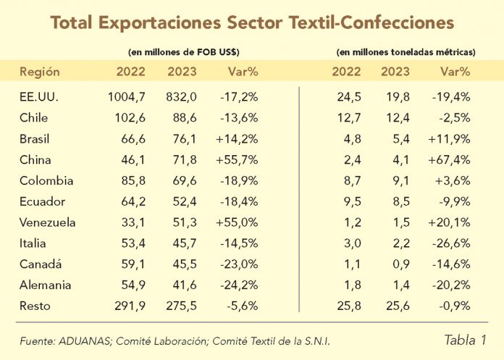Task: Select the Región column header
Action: click(39, 71)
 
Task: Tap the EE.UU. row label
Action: click(40, 96)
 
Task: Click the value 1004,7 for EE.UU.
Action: click(127, 96)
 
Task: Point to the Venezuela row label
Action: click(48, 222)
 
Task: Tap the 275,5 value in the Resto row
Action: click(182, 306)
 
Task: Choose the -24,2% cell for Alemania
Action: click(239, 285)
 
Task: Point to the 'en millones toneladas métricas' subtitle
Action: click(406, 52)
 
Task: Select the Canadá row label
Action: click(42, 264)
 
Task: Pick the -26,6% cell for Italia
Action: click(455, 243)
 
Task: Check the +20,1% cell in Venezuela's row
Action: click(455, 222)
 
